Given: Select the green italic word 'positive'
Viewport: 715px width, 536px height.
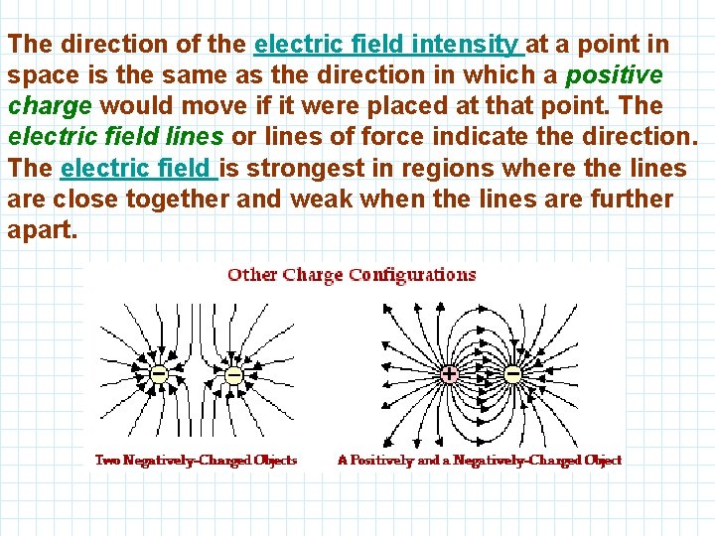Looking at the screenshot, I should coord(614,75).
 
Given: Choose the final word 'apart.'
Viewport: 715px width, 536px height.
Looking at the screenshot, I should coord(42,229).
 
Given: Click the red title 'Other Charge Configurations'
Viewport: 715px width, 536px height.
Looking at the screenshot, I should coord(352,275).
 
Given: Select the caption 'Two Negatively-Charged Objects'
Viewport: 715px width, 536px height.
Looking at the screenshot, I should coord(196,460).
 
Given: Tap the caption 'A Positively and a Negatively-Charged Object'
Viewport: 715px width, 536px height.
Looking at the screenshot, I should coord(480,460).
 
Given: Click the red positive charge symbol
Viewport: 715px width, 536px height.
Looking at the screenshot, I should coord(449,375).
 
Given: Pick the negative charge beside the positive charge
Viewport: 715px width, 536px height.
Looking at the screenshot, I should coord(513,375).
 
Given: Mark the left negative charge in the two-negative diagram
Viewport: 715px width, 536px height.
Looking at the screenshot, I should coord(158,375).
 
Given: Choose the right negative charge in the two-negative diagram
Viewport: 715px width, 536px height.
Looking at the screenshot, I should coord(233,375).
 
